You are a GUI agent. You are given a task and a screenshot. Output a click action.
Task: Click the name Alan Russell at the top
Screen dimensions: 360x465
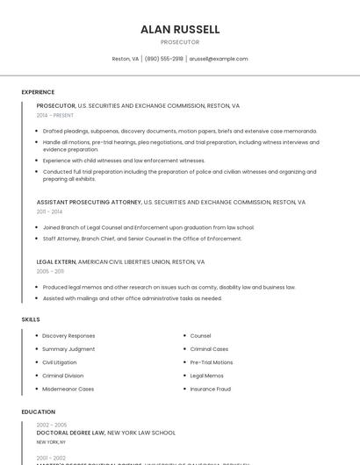pyautogui.click(x=180, y=30)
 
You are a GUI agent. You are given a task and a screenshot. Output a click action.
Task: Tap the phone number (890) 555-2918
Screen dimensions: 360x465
pyautogui.click(x=164, y=59)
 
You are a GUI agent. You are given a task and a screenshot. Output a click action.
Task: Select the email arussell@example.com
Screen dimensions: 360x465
pyautogui.click(x=220, y=59)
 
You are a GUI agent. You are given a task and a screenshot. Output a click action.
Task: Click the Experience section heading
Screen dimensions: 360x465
pyautogui.click(x=38, y=92)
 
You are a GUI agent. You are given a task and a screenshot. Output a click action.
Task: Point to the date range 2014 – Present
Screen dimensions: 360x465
pyautogui.click(x=55, y=115)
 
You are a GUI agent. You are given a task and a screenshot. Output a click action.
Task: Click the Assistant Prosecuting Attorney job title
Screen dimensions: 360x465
pyautogui.click(x=89, y=202)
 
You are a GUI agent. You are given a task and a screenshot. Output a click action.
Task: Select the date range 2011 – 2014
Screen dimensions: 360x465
pyautogui.click(x=49, y=211)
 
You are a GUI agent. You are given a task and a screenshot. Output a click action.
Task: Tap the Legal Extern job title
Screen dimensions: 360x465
pyautogui.click(x=56, y=261)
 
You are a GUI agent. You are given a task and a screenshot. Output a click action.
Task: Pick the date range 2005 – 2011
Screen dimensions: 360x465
pyautogui.click(x=50, y=271)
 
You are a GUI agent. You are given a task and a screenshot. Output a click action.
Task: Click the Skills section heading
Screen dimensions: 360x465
pyautogui.click(x=31, y=319)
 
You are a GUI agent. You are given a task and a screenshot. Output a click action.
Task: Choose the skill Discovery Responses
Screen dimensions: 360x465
pyautogui.click(x=68, y=335)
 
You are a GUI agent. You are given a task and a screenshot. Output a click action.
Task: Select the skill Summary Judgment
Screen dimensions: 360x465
pyautogui.click(x=68, y=348)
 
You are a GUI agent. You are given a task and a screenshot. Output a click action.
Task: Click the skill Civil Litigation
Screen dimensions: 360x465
pyautogui.click(x=60, y=361)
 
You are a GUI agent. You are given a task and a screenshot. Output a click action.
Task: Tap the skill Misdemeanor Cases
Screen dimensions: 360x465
pyautogui.click(x=68, y=389)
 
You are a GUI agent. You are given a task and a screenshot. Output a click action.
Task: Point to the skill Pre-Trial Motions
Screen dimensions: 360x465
pyautogui.click(x=212, y=361)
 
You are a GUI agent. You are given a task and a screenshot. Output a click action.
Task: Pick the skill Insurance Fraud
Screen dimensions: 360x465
pyautogui.click(x=210, y=389)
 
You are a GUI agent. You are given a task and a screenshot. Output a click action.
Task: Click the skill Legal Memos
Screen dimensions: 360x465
pyautogui.click(x=206, y=376)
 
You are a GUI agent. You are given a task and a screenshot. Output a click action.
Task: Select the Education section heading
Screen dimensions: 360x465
pyautogui.click(x=39, y=411)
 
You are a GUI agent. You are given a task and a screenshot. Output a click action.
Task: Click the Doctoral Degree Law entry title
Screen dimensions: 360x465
pyautogui.click(x=70, y=433)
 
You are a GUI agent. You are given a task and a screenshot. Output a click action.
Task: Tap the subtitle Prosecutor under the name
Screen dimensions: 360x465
pyautogui.click(x=180, y=42)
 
